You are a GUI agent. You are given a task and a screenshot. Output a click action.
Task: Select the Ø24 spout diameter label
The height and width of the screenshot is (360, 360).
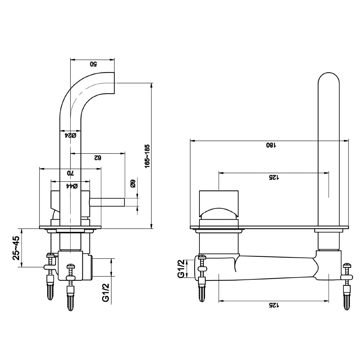coord(70,135)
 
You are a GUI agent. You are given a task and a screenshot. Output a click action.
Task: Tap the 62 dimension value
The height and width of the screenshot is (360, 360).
coord(96,158)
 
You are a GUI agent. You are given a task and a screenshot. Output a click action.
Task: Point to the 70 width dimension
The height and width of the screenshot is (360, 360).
coord(70,173)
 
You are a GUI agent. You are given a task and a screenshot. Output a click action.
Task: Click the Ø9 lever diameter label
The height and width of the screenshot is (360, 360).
coord(132,184)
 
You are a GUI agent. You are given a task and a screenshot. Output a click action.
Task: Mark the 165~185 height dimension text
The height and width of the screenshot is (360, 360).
coord(147,156)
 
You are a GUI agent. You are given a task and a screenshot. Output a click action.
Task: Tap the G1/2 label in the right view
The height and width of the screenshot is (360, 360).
coord(182,269)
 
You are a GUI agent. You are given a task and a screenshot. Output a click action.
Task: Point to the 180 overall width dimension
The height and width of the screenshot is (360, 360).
coord(271,145)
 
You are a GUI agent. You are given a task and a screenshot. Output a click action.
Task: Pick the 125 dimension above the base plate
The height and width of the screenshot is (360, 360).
coord(273,177)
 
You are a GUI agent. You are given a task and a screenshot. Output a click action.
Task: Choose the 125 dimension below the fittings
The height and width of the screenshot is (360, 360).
coord(273,305)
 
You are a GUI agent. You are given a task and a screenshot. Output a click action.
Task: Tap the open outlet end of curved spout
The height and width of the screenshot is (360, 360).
coord(114,84)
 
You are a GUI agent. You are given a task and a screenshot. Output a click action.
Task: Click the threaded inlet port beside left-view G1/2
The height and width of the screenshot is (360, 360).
coord(89,267)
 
